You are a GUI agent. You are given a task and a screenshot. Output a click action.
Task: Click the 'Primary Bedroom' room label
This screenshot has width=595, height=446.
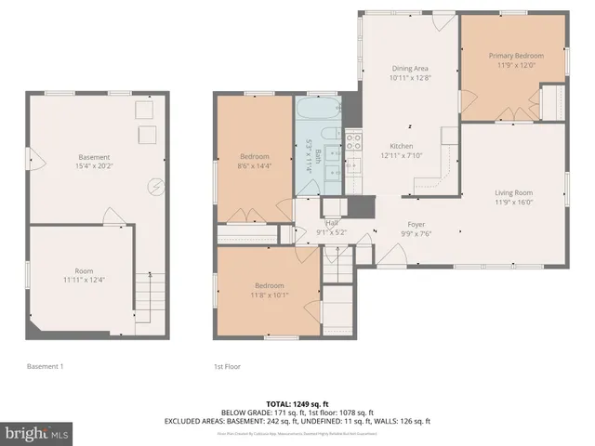(x=513, y=56)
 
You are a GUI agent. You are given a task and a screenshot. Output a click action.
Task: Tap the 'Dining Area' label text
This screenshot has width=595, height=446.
(x=408, y=67)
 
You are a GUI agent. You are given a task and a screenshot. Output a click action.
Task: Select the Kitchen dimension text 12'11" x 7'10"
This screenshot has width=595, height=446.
(x=402, y=156)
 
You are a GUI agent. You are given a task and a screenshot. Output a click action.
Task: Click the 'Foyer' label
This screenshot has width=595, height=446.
(x=416, y=224)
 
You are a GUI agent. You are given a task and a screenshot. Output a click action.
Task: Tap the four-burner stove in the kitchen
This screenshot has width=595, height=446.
(x=353, y=142)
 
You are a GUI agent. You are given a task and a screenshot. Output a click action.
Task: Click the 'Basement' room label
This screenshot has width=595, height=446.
(x=94, y=157)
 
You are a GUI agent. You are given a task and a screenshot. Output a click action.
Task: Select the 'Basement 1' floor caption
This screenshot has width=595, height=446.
(x=45, y=367)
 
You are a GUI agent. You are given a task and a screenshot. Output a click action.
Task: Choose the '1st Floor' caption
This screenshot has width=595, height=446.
(x=227, y=367)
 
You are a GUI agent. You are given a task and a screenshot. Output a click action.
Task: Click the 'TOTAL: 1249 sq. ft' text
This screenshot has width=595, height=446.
(x=297, y=404)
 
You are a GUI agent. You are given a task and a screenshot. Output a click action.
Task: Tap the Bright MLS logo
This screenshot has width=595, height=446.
(x=35, y=433)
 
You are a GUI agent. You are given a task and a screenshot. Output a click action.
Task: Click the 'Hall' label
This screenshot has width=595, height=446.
(x=331, y=223)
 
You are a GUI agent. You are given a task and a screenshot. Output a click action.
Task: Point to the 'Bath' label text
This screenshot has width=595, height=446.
(x=318, y=154)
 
